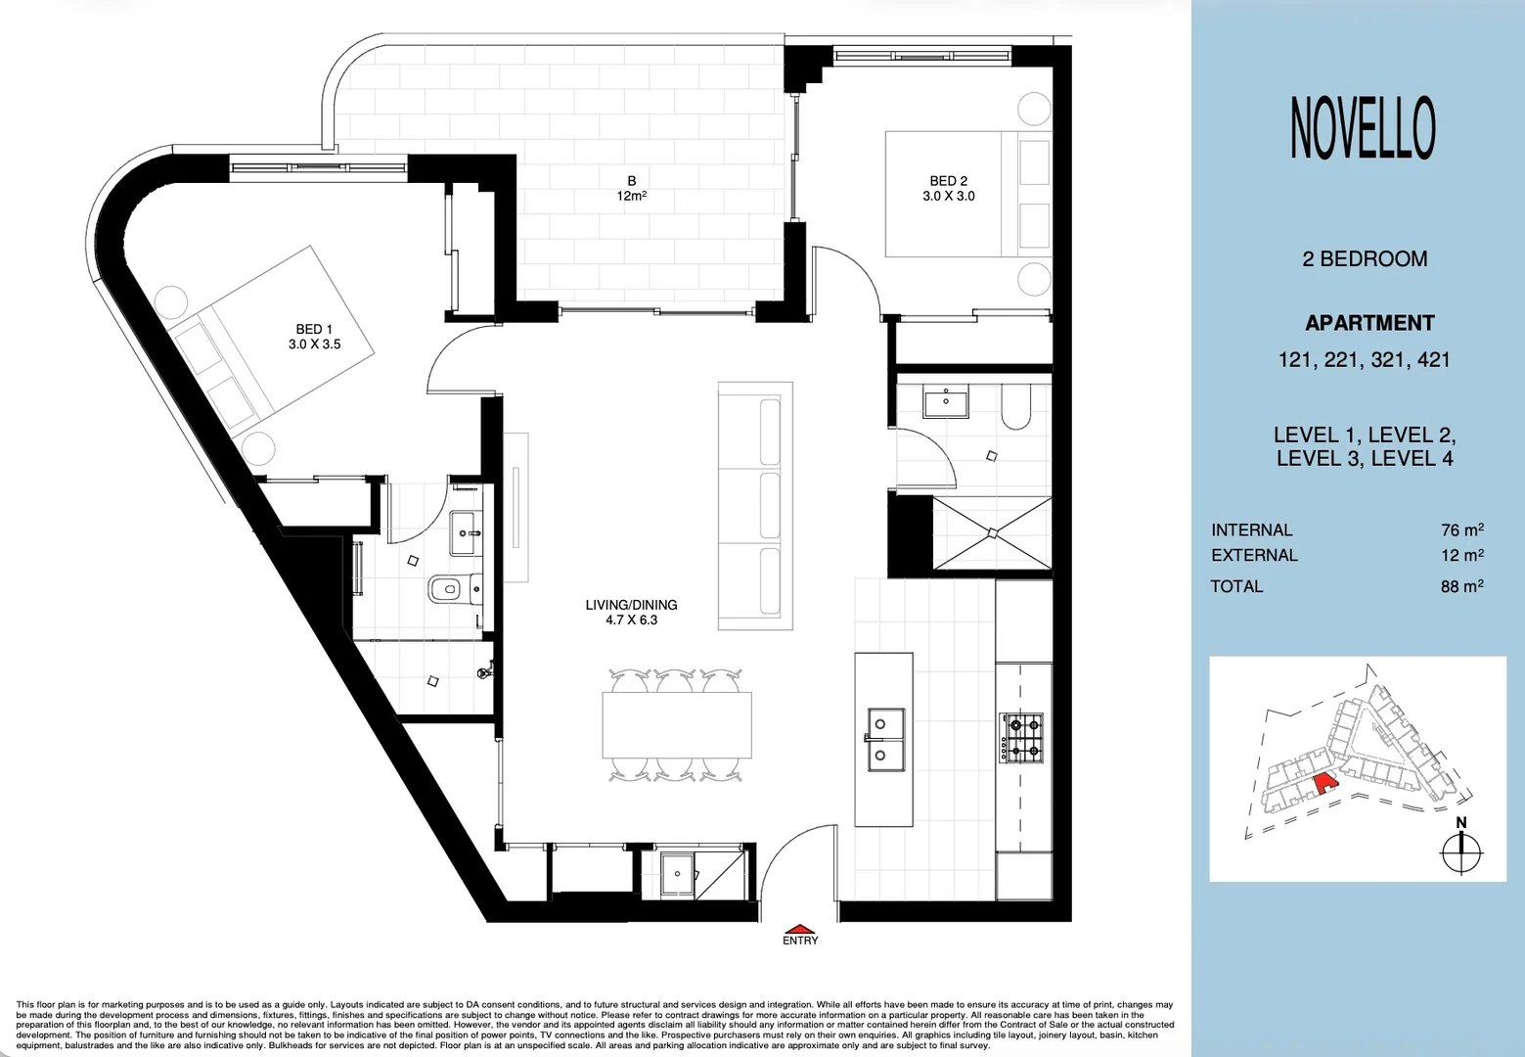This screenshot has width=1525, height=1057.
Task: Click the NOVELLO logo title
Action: point(1363,128)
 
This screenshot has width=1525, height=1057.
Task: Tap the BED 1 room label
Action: point(314,337)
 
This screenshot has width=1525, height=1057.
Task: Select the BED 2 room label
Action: point(948,188)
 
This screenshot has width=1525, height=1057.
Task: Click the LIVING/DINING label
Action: point(631,612)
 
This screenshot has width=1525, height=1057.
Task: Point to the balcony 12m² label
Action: point(631,188)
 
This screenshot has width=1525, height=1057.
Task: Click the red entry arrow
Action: point(799,929)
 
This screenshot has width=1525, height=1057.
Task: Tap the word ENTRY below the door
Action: point(799,941)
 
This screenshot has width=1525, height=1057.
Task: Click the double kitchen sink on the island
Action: point(884,739)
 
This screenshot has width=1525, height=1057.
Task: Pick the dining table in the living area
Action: point(677,725)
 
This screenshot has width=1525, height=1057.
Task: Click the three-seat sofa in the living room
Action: point(755,505)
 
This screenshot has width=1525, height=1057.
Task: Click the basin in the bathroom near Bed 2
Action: point(945,401)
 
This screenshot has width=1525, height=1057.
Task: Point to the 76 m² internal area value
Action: point(1461,529)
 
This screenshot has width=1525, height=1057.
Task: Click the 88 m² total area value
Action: point(1461,586)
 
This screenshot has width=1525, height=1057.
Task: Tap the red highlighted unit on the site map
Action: point(1324,782)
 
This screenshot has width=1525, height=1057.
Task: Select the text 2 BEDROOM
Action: point(1365,259)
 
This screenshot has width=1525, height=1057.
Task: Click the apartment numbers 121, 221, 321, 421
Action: point(1364,360)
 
